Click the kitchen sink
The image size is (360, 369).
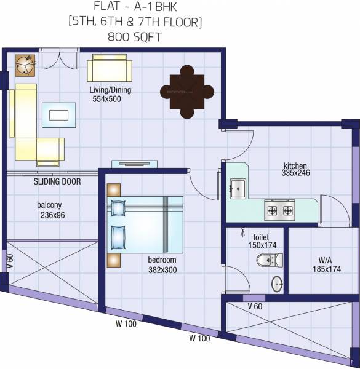[x=238, y=188]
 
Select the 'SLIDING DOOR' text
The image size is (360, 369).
[x=57, y=182]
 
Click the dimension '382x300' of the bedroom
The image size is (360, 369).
[x=162, y=269]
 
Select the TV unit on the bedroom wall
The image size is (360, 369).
[x=134, y=164]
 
